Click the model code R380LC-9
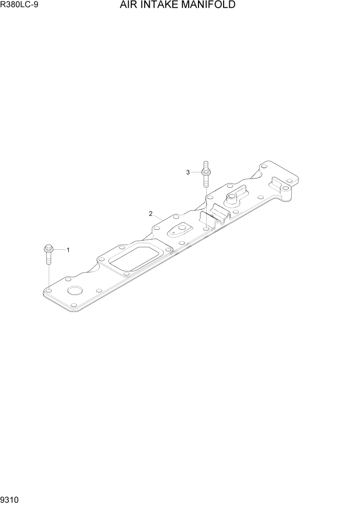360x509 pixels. pyautogui.click(x=20, y=6)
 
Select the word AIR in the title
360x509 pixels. pyautogui.click(x=127, y=6)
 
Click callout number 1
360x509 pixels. pyautogui.click(x=68, y=250)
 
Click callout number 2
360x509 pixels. pyautogui.click(x=151, y=213)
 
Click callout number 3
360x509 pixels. pyautogui.click(x=188, y=172)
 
